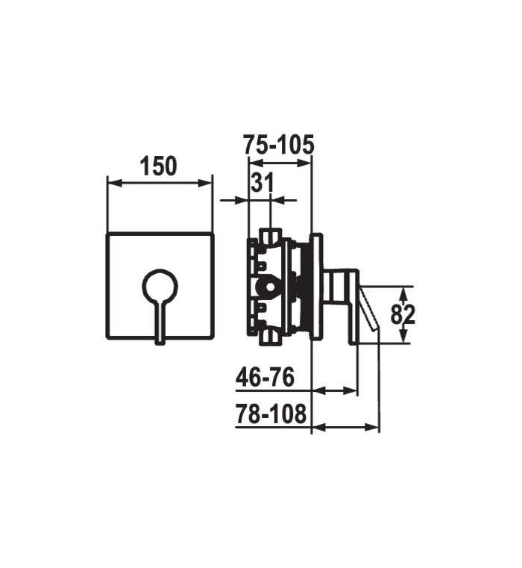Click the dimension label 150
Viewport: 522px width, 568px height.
click(159, 166)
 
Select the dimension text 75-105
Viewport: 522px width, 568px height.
click(278, 145)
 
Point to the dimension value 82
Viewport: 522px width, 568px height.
click(403, 314)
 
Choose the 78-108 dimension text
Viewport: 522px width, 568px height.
click(271, 413)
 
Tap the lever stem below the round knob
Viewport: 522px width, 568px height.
click(160, 322)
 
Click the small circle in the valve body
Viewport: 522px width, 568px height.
click(270, 287)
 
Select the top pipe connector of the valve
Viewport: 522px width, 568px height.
click(271, 236)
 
